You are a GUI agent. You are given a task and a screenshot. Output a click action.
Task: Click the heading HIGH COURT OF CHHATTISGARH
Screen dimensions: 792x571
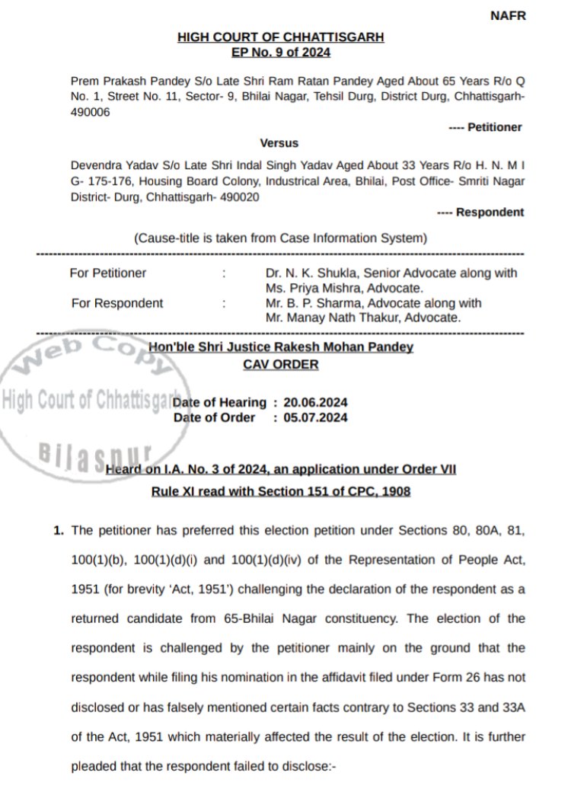point(280,37)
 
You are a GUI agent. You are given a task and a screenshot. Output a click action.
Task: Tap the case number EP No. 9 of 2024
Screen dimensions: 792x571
point(280,52)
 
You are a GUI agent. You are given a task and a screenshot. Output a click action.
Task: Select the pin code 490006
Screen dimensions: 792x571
point(91,111)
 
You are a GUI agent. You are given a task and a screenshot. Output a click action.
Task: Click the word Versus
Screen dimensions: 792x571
point(279,142)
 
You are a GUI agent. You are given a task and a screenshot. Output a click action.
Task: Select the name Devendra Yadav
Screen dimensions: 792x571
point(105,164)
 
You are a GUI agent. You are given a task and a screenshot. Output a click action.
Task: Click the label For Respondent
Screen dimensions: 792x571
point(117,302)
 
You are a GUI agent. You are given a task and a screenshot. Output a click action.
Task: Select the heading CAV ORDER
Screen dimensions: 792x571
point(280,364)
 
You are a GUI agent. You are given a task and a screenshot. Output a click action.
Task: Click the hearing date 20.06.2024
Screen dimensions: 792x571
point(314,402)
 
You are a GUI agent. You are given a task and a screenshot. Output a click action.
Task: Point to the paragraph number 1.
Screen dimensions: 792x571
point(58,529)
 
